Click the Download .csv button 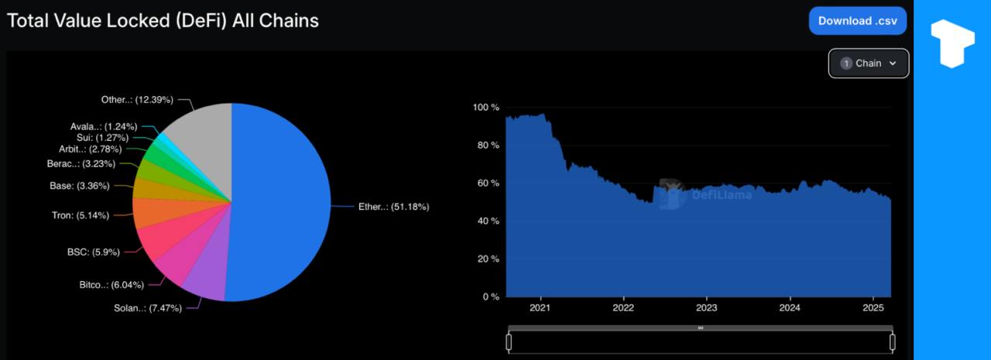pyautogui.click(x=857, y=21)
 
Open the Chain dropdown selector pyautogui.click(x=869, y=63)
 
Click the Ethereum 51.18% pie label pyautogui.click(x=393, y=207)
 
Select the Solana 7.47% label pyautogui.click(x=148, y=308)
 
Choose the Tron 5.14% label pyautogui.click(x=80, y=215)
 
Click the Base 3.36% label pyautogui.click(x=80, y=186)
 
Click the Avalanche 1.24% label pyautogui.click(x=104, y=126)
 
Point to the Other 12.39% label pyautogui.click(x=137, y=100)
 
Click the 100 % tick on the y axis pyautogui.click(x=486, y=107)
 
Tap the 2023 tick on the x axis pyautogui.click(x=706, y=307)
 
